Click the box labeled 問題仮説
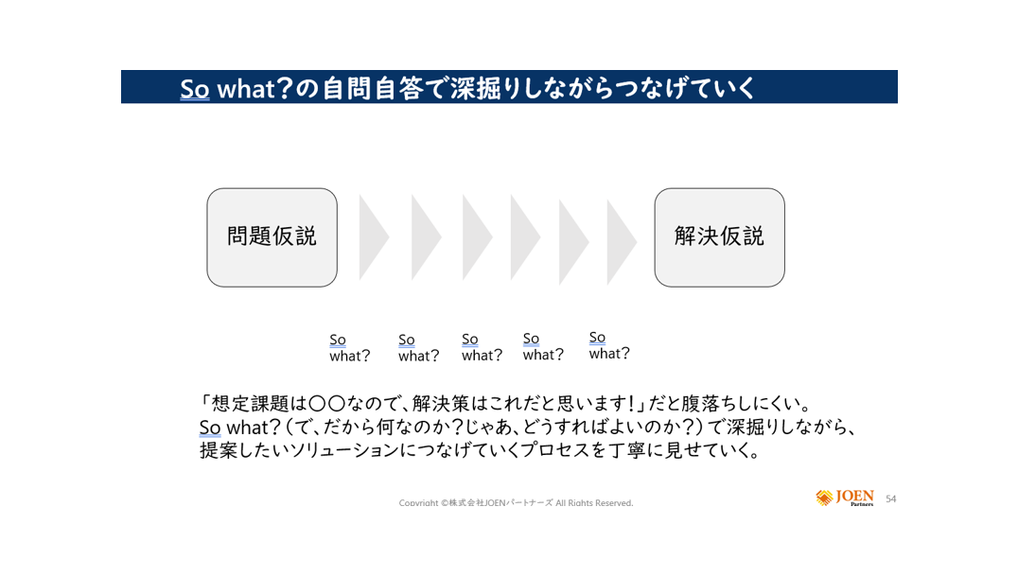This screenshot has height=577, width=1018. click(x=272, y=237)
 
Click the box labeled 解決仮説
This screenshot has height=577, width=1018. click(x=719, y=237)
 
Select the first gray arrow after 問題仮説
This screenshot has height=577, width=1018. click(x=374, y=237)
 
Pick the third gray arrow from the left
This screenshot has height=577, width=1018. click(x=477, y=237)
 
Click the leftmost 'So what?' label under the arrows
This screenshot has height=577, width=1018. click(x=349, y=348)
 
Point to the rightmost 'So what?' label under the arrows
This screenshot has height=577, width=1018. click(x=609, y=345)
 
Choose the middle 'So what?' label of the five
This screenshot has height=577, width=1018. click(x=482, y=347)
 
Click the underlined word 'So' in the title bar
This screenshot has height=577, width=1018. click(x=195, y=88)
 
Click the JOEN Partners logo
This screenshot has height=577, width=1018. click(x=845, y=498)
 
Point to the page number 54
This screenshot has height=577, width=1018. click(x=891, y=499)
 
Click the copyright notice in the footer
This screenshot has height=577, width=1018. click(x=517, y=503)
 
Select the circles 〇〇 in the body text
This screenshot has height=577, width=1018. click(x=326, y=404)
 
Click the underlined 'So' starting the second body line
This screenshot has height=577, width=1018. click(x=210, y=428)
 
